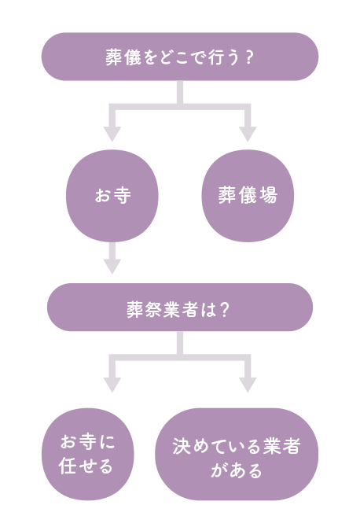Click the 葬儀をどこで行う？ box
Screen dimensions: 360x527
180,57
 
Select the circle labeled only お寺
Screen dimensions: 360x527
112,196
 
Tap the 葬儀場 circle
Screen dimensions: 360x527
248,196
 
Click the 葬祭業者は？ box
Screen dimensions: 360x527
180,308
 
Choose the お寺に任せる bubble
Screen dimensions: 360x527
88,454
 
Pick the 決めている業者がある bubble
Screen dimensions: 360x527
237,454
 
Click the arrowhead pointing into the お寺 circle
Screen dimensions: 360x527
112,134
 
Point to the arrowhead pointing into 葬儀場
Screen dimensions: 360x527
248,134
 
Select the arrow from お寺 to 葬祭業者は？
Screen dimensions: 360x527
112,258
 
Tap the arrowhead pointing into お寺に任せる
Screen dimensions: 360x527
112,385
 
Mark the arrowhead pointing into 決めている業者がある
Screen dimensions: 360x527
248,385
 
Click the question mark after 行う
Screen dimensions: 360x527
249,57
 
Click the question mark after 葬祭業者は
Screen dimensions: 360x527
225,310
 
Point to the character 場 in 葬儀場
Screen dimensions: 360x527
268,195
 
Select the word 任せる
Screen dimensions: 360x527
86,466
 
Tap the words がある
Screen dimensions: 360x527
237,470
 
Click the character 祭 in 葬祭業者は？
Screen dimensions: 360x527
153,309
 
